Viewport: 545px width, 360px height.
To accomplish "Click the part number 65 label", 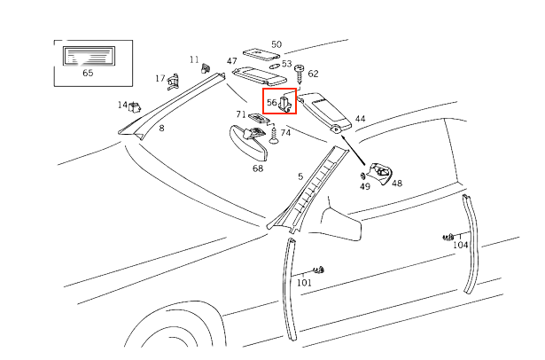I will [88, 73].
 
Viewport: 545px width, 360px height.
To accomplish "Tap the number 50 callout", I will [276, 43].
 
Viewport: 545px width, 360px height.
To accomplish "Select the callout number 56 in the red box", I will [272, 102].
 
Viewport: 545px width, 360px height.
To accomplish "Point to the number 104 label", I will [461, 245].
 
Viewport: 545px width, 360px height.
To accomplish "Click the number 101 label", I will [304, 283].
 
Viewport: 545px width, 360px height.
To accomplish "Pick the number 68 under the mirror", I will [258, 168].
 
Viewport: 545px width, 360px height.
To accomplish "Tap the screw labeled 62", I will [300, 71].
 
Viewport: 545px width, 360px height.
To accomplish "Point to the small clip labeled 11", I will [205, 67].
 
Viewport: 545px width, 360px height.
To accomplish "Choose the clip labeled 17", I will [173, 82].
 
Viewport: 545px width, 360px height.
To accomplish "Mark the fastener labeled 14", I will [135, 107].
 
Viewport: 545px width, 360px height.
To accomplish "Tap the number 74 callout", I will [285, 132].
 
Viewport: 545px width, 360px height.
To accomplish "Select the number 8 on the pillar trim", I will [161, 129].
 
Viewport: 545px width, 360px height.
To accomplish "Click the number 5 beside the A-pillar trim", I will [300, 176].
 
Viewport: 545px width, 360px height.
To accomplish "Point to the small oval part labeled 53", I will [274, 66].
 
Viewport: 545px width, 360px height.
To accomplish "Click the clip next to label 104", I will [448, 237].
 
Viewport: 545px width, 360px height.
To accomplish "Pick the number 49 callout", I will [365, 187].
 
